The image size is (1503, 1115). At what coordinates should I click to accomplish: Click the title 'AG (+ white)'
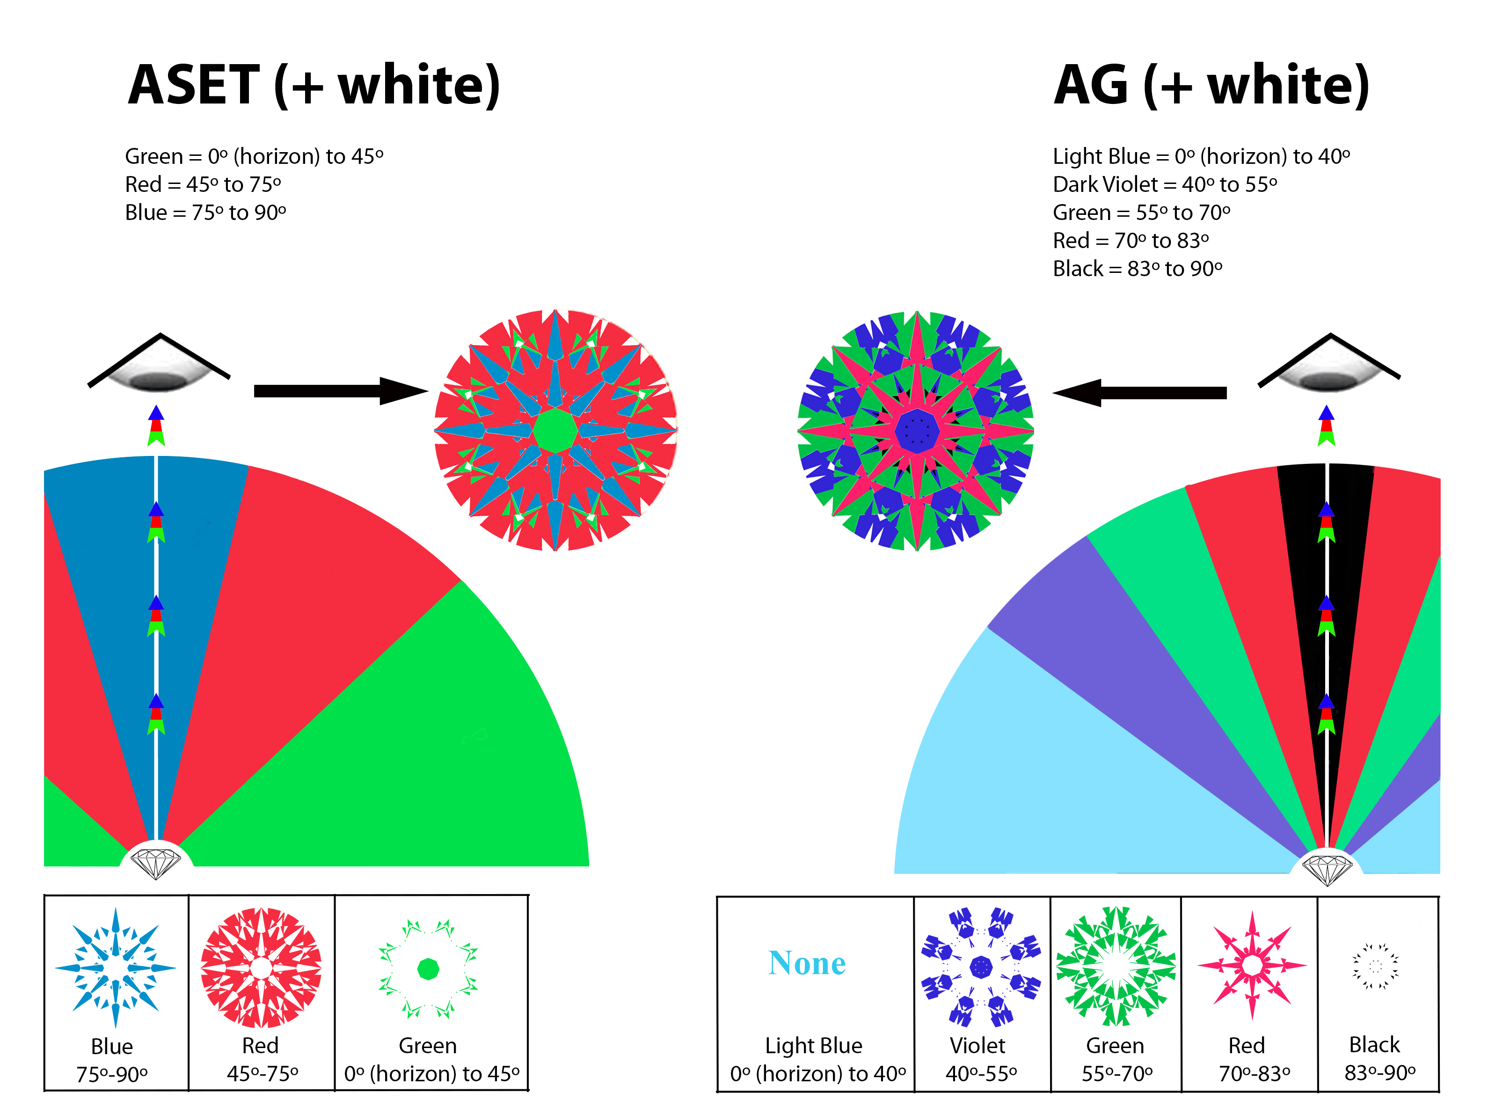tap(1211, 86)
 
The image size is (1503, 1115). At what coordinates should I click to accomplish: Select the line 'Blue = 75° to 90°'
tap(206, 213)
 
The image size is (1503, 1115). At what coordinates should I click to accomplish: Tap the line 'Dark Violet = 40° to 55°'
tap(1165, 184)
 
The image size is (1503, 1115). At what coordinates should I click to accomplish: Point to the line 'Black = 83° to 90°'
tap(1138, 269)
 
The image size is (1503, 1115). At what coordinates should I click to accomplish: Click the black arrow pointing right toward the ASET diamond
tap(341, 391)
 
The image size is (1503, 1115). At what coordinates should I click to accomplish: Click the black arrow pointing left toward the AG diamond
tap(1139, 392)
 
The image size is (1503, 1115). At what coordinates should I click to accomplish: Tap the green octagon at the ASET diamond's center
tap(555, 430)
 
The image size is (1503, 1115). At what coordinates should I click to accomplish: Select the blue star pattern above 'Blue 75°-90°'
tap(116, 968)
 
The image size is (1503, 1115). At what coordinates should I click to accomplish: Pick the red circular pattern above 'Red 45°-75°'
tap(261, 968)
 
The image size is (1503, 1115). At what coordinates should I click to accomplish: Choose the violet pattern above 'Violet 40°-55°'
tap(981, 967)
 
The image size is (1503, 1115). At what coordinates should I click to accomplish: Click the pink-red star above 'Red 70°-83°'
tap(1252, 965)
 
